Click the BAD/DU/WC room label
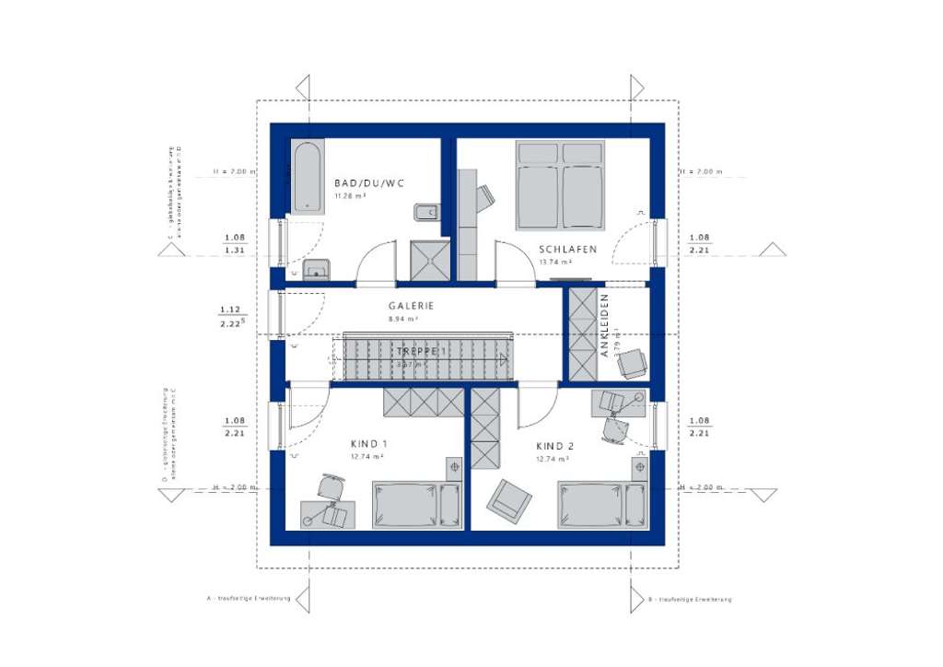click(x=369, y=183)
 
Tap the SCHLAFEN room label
click(x=567, y=249)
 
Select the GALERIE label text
click(x=411, y=306)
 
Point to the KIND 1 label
click(x=368, y=444)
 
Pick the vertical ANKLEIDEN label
click(x=605, y=324)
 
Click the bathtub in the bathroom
click(x=305, y=176)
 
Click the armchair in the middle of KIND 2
click(x=509, y=498)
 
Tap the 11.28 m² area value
click(x=351, y=196)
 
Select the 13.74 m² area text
click(x=554, y=262)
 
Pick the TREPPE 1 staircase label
click(x=421, y=352)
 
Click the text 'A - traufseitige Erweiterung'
click(x=249, y=598)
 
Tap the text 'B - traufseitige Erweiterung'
click(x=690, y=599)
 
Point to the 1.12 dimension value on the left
click(x=230, y=310)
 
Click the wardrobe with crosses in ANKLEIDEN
click(x=583, y=333)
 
